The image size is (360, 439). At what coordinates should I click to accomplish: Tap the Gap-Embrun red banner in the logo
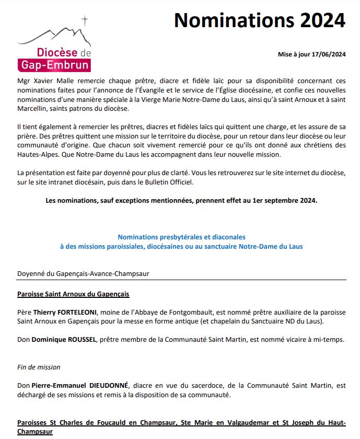pos(54,65)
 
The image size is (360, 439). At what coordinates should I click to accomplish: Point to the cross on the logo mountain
pos(85,21)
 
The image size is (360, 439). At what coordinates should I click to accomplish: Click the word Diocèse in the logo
pos(57,53)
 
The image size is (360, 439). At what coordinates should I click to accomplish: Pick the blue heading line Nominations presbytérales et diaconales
pos(181,237)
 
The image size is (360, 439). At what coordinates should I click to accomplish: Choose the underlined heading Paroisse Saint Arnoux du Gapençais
pos(73,294)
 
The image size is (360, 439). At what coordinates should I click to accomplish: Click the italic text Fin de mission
pos(39,367)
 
